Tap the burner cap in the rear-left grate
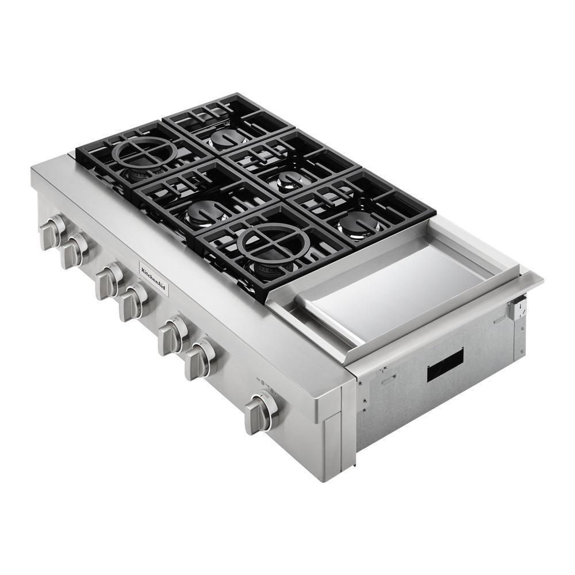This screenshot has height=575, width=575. pyautogui.click(x=227, y=138)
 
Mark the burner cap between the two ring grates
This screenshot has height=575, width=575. pyautogui.click(x=204, y=212)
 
